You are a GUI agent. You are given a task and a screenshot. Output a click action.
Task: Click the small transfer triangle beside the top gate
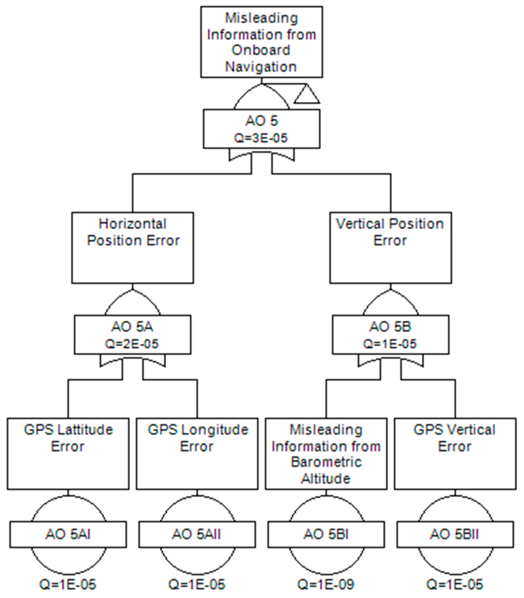307,95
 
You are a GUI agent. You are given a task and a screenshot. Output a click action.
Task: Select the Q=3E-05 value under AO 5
261,138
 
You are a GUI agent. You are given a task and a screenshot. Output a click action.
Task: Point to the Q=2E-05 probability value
132,344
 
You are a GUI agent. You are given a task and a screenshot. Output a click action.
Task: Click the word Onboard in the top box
261,50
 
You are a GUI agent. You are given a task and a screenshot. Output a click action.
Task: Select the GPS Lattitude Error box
68,454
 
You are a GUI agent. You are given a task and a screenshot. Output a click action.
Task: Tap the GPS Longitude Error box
197,454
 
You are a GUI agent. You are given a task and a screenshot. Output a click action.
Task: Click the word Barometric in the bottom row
326,462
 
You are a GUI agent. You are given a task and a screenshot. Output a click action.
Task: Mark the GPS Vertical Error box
455,454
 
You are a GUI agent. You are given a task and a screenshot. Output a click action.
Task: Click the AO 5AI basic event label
68,534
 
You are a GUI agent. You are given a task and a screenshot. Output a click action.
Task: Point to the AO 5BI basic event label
326,534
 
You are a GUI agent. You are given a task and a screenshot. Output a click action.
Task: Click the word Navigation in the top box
261,67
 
